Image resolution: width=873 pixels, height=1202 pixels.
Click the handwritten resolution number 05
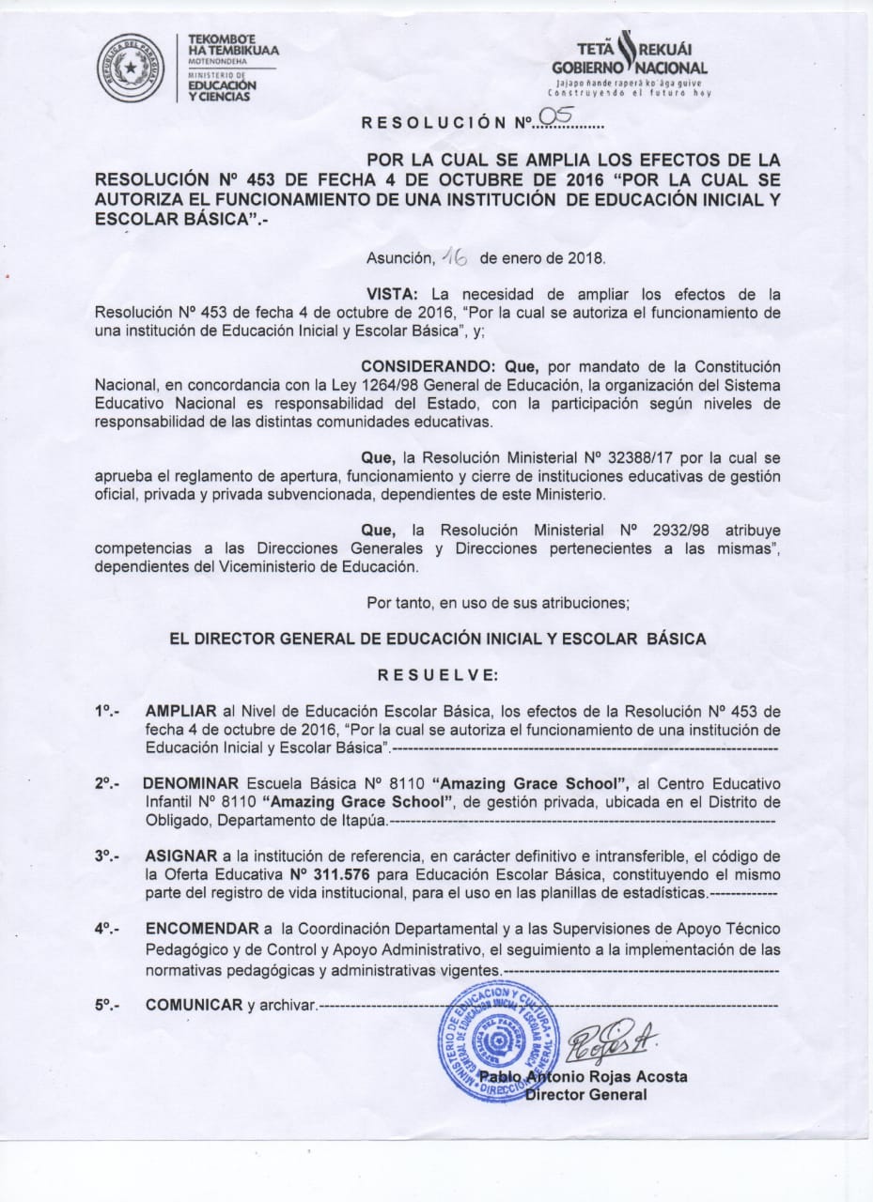[x=551, y=116]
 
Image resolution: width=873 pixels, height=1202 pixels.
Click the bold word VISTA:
[x=392, y=294]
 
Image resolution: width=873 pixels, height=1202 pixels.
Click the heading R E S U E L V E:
[x=437, y=674]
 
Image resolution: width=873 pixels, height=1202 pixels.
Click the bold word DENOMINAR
[x=191, y=782]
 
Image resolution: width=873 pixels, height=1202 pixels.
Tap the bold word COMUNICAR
[x=195, y=1005]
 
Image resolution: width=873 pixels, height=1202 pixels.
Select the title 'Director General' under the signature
[x=585, y=1094]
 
